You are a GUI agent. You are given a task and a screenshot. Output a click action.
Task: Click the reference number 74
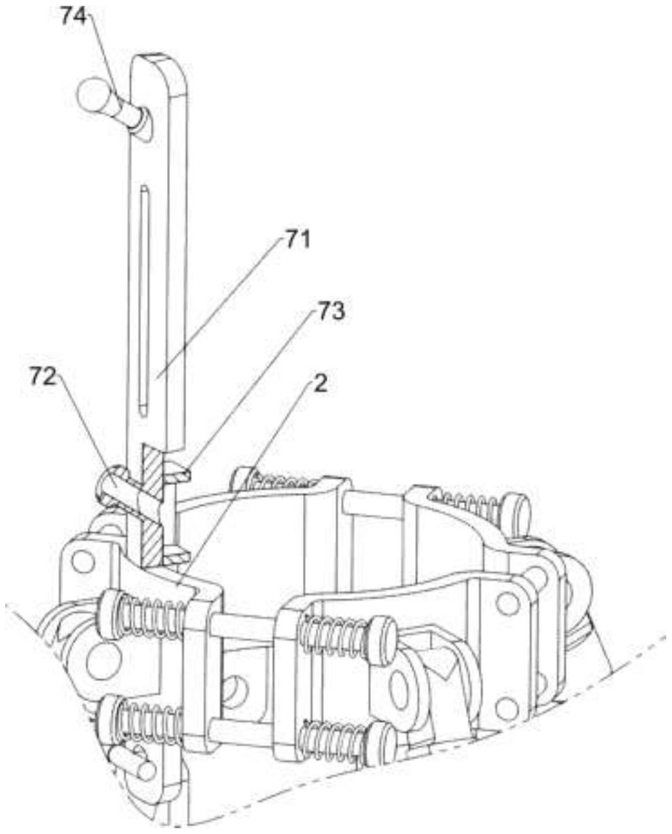[73, 17]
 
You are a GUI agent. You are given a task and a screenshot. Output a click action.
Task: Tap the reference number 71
[295, 239]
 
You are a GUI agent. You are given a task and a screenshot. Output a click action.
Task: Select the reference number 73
[330, 312]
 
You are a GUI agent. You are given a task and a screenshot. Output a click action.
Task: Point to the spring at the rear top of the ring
[284, 480]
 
